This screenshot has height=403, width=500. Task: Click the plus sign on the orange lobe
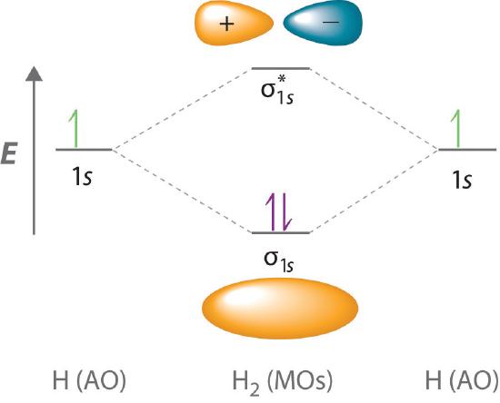point(226,24)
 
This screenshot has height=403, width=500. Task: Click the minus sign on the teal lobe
point(331,22)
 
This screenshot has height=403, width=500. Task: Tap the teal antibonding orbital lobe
point(323,23)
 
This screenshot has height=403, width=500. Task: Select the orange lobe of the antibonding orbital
point(234,23)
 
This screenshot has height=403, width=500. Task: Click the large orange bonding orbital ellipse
point(280,308)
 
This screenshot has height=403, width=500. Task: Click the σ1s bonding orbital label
point(279,260)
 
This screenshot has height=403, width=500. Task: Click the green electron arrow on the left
point(74,129)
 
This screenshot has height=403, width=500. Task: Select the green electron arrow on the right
point(455,129)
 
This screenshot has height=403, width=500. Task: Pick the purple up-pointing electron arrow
point(271,212)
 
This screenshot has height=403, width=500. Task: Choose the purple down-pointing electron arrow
point(285,212)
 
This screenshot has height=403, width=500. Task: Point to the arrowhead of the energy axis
point(35,74)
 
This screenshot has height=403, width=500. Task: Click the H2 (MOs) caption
point(282,382)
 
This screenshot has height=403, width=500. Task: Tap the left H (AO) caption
point(89,380)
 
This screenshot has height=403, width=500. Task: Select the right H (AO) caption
point(462,380)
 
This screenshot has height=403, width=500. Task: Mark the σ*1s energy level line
point(281,68)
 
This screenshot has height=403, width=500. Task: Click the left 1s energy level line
point(84,149)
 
